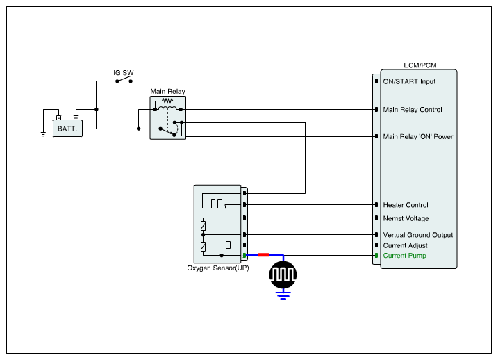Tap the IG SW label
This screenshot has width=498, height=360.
tap(124, 72)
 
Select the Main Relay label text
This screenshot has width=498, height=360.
tap(168, 91)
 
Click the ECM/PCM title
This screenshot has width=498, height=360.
tap(420, 65)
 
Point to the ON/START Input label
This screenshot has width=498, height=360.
tap(409, 81)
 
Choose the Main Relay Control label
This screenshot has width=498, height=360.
tap(412, 110)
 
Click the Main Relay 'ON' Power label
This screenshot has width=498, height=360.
tap(417, 136)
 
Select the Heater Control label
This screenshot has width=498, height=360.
tap(406, 205)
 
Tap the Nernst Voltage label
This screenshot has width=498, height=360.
tap(406, 218)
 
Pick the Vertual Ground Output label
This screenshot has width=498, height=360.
tap(417, 235)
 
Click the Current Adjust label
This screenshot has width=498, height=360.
tap(405, 245)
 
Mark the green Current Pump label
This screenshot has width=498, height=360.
tap(405, 256)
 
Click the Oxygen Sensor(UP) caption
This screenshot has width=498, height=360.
tap(218, 268)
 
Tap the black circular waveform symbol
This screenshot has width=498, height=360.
tap(283, 274)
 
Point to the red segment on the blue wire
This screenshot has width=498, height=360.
tap(264, 255)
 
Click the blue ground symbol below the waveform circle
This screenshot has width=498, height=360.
tap(283, 295)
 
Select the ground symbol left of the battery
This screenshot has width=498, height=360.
tap(43, 133)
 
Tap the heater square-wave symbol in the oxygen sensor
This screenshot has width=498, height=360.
tap(214, 204)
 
